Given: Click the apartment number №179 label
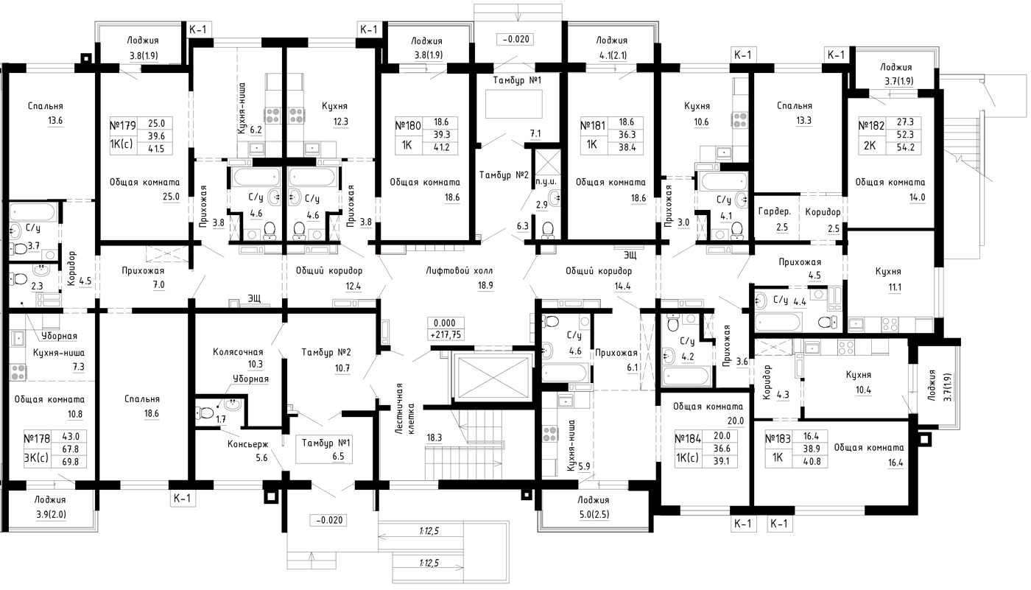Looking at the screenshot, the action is point(123,125).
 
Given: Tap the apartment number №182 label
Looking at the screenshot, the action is point(872,125).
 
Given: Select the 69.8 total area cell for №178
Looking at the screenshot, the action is point(71,462).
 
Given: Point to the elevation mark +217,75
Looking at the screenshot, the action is point(446,335).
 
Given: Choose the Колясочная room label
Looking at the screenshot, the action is point(238,352).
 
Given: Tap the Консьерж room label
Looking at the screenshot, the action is point(247,444).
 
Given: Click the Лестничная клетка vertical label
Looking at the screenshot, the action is point(405,409).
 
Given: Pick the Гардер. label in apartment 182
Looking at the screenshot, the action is point(775,211).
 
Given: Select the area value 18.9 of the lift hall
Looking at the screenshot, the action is point(485,285).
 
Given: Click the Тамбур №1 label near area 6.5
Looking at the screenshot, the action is point(326,443).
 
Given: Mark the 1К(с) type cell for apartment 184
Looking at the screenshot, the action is point(686,458).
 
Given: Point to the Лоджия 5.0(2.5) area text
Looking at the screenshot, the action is point(594,514).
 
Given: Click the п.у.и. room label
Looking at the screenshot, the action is point(546,182).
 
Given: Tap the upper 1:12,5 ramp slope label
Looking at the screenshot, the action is point(429,531).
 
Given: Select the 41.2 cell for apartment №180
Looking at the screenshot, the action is point(441,148).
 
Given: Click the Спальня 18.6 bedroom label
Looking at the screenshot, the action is point(143,406).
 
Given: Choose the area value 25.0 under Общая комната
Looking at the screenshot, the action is point(171,197).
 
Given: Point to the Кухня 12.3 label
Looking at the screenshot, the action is point(334,114).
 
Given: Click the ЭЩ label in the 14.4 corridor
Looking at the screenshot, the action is point(630,255).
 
